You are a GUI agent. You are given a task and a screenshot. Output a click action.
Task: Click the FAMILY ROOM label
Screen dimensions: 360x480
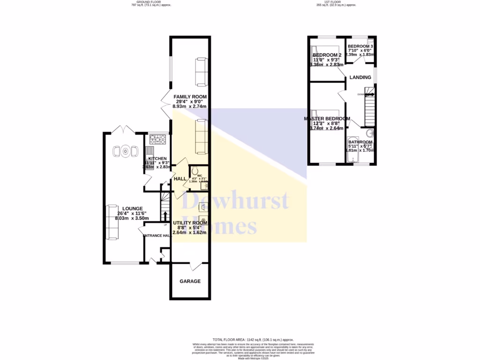coord(190,97)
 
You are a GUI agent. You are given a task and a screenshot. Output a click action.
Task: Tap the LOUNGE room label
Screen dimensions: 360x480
coord(133,209)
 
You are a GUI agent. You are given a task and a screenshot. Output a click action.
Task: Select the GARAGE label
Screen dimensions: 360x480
coord(190,281)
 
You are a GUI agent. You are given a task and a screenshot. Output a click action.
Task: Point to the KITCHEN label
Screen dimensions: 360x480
coord(157,159)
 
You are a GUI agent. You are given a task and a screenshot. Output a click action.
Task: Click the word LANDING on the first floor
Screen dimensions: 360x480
coord(360,77)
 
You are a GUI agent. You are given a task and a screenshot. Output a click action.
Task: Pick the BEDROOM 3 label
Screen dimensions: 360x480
coord(360,46)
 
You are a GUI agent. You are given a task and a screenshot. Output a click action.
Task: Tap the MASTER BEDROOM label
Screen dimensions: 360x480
coord(327,119)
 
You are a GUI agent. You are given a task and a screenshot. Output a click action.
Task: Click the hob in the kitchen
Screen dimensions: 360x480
coord(157,139)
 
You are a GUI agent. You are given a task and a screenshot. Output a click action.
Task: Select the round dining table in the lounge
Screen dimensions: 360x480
coord(126,151)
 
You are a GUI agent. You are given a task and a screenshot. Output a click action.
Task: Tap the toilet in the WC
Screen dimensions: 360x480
coord(195,171)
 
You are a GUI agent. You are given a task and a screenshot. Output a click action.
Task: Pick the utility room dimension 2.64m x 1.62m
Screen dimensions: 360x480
coord(190,232)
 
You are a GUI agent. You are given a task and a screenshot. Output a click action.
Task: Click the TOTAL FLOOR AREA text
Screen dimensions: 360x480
coord(253,339)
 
